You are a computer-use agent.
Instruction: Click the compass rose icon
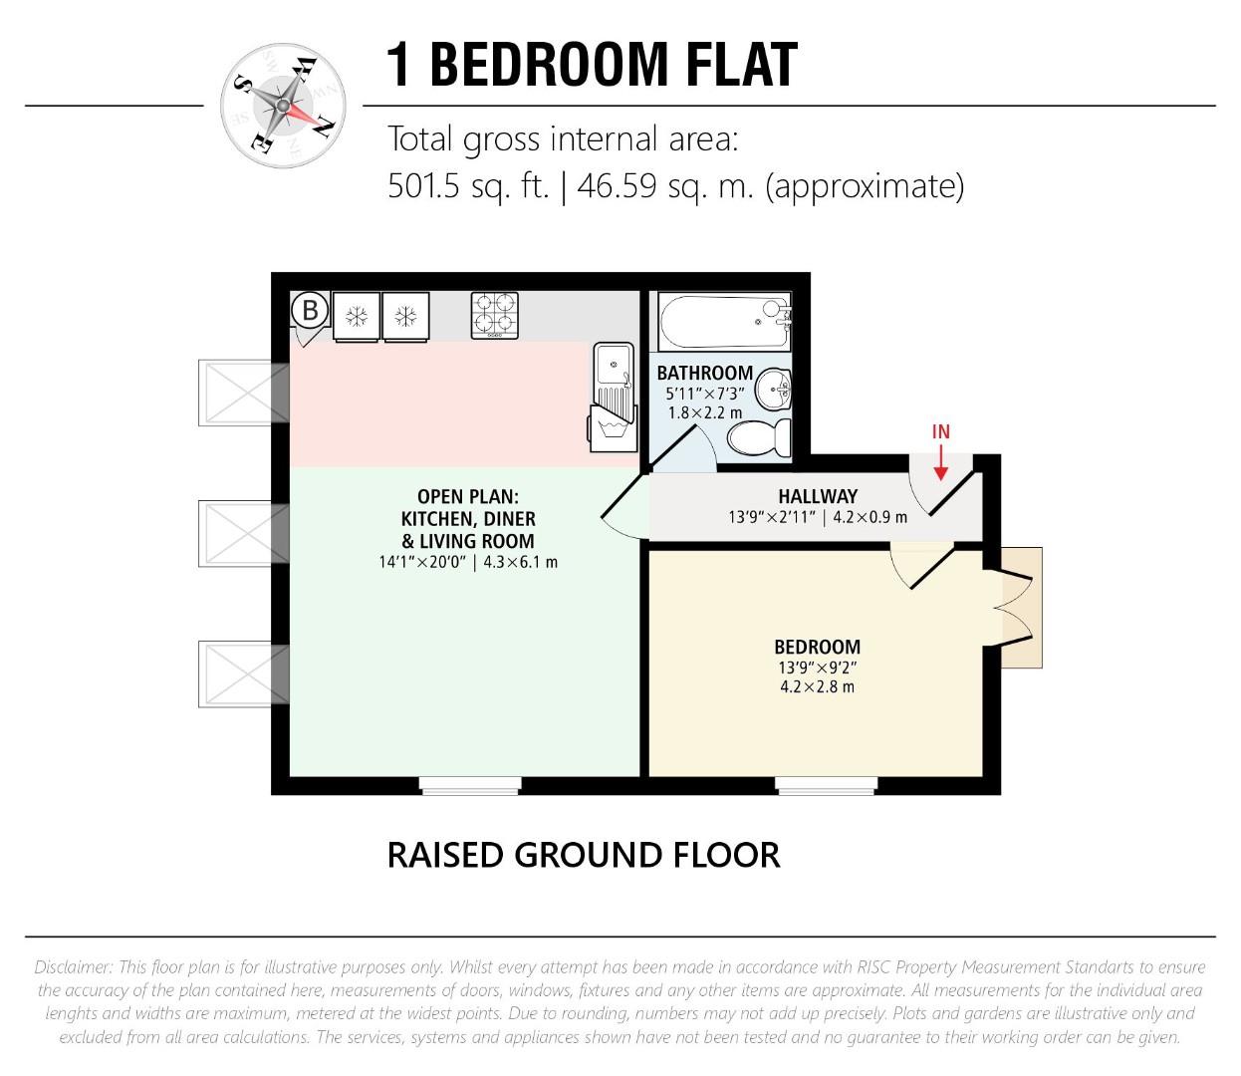coord(285,105)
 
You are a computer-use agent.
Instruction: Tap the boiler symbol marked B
coord(310,311)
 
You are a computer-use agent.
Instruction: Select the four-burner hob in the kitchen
coord(495,315)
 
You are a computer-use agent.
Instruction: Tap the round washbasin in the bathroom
coord(774,389)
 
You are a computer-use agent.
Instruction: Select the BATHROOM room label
coord(704,374)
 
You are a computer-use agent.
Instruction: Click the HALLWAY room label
coord(818,496)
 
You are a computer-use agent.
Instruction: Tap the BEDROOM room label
coord(817,647)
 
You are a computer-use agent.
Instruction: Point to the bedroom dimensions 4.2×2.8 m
coord(817,686)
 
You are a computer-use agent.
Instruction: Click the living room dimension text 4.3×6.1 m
coord(519,562)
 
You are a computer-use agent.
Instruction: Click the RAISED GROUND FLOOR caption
coord(584,855)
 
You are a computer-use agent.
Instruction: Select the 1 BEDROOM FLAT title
coord(592,65)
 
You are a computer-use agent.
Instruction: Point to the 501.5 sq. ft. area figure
coord(468,186)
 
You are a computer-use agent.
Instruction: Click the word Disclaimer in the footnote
coord(72,967)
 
